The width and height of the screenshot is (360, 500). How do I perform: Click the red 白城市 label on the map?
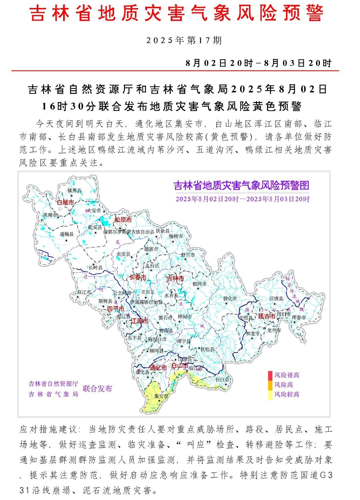tap(65, 202)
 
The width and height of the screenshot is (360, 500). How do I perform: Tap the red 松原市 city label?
tap(123, 220)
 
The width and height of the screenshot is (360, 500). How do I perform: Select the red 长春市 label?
tap(138, 277)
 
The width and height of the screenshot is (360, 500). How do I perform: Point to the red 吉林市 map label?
tap(175, 278)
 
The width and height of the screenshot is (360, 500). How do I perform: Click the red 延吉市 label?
tap(267, 316)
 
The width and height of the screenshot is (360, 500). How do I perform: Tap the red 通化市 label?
tap(158, 368)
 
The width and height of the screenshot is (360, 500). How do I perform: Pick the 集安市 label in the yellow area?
tap(161, 396)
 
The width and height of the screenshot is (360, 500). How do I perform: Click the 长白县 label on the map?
tap(222, 380)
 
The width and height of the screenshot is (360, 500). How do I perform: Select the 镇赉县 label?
tap(74, 191)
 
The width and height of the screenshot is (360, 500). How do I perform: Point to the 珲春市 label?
tap(298, 318)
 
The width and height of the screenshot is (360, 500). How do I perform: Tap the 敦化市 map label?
tap(230, 299)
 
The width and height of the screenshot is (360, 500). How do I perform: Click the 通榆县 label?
tap(66, 234)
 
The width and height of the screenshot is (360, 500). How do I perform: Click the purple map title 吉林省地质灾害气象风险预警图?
tap(242, 185)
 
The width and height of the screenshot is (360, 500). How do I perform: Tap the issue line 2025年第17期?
tap(184, 41)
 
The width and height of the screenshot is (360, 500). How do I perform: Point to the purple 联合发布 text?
tap(97, 389)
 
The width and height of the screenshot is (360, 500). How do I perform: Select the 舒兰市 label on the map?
tap(188, 255)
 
